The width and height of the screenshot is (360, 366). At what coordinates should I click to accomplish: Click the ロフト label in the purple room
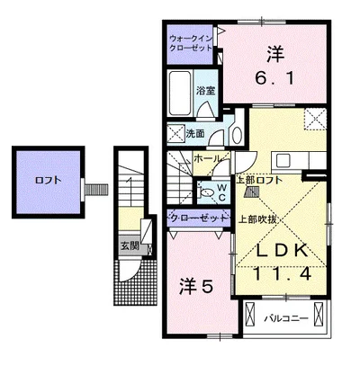(49, 180)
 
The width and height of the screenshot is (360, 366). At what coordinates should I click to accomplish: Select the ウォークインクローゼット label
(192, 43)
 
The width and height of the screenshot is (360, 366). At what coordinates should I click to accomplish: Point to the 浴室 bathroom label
(206, 90)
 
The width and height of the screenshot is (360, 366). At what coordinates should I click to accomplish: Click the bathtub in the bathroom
(180, 91)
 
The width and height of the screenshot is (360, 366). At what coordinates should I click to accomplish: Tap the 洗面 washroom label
(195, 134)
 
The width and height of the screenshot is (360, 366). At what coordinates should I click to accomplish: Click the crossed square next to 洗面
(175, 134)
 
